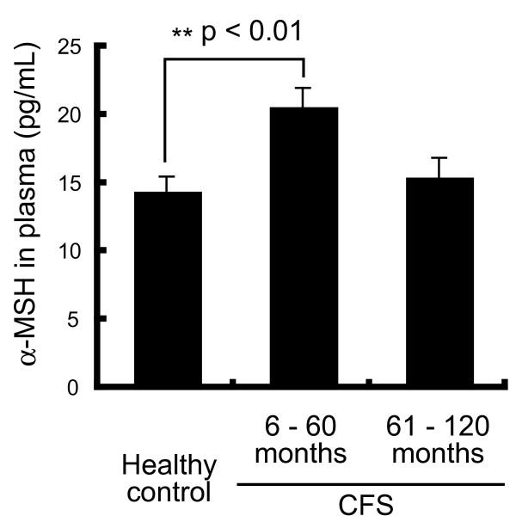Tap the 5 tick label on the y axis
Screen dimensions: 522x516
pyautogui.click(x=76, y=318)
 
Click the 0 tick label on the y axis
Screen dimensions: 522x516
pyautogui.click(x=76, y=387)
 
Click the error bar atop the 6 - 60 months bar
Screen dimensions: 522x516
pyautogui.click(x=303, y=95)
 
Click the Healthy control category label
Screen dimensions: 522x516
pyautogui.click(x=168, y=479)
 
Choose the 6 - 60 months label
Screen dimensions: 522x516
pyautogui.click(x=303, y=439)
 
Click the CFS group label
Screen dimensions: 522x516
pyautogui.click(x=370, y=507)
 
